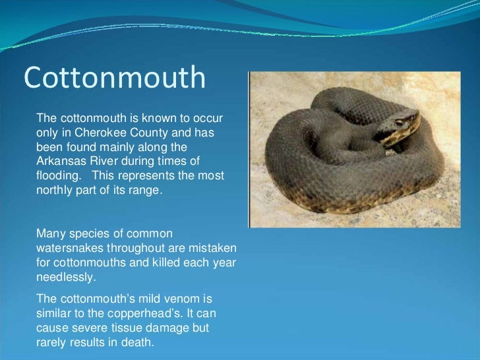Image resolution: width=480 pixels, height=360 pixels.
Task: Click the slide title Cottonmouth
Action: click(x=115, y=77)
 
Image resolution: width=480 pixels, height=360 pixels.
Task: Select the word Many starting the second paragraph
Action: click(x=49, y=233)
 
